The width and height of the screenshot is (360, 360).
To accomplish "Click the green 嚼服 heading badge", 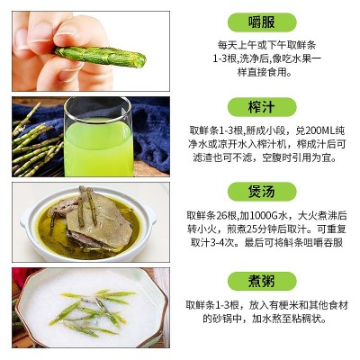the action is [262, 22].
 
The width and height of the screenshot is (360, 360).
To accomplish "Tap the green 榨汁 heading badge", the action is [262, 107].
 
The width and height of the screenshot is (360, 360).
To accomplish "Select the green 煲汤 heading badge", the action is [262, 192].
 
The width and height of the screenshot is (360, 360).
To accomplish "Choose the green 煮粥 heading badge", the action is [262, 282].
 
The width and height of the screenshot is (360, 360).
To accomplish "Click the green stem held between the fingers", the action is [100, 56].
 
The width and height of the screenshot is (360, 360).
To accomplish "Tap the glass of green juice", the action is [98, 137].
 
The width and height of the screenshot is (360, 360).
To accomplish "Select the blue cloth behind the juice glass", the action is [150, 132].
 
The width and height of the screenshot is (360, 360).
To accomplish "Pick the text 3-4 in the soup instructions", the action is [215, 243].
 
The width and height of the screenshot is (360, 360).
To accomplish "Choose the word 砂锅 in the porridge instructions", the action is [222, 319].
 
